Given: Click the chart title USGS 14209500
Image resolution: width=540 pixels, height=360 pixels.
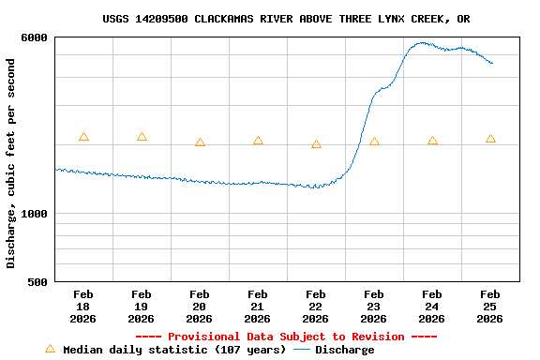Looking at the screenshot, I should (x=286, y=19).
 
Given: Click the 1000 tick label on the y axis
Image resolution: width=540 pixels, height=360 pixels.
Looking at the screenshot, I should (x=35, y=213).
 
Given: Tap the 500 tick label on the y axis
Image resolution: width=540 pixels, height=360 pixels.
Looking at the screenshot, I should (x=38, y=282).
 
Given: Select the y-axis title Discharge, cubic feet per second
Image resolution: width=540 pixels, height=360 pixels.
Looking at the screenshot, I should (x=11, y=163).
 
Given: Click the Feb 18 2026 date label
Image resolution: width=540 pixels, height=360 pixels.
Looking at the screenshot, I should (x=82, y=307).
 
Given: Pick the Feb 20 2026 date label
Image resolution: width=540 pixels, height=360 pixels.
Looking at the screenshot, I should (x=199, y=307).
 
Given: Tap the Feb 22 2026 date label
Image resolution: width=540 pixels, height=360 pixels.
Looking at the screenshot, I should (x=315, y=307).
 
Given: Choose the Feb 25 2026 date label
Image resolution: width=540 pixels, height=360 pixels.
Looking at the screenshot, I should (x=489, y=307).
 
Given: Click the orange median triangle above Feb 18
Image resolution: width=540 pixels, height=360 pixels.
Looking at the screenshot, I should (x=83, y=137).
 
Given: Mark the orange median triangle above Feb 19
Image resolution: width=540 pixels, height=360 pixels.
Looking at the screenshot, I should (x=142, y=137).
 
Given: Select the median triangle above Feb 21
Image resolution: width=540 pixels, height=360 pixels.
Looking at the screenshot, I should (x=258, y=141).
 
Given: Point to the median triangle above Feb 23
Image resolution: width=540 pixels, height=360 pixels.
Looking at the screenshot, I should (x=374, y=142).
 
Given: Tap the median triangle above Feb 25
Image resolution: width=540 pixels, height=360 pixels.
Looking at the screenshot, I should (x=490, y=139).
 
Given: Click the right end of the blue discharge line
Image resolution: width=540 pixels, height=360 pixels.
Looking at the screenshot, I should (x=492, y=63).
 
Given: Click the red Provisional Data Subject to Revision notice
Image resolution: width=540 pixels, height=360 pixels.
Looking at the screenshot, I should (x=286, y=337).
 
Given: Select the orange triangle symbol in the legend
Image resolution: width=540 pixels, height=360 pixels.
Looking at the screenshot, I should (x=50, y=349).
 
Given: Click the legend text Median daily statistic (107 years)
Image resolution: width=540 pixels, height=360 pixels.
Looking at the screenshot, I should (x=174, y=350).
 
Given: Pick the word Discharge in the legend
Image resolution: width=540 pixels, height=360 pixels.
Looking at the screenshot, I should (x=344, y=350).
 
